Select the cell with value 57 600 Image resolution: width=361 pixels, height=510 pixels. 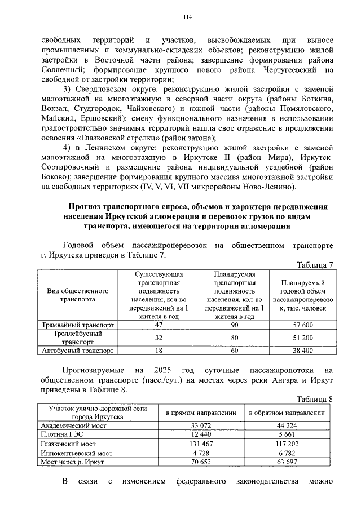point(300,326)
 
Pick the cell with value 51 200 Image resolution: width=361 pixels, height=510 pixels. point(300,338)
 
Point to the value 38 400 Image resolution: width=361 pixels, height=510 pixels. point(300,350)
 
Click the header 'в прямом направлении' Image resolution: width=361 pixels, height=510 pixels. point(201,413)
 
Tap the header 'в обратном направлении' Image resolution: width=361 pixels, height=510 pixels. point(288,413)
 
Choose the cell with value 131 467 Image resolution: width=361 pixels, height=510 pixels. point(201,444)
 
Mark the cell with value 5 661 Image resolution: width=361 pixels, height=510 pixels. point(288,434)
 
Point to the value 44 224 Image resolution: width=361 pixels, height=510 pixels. point(288,425)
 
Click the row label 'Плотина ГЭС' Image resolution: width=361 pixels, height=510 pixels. point(59,434)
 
